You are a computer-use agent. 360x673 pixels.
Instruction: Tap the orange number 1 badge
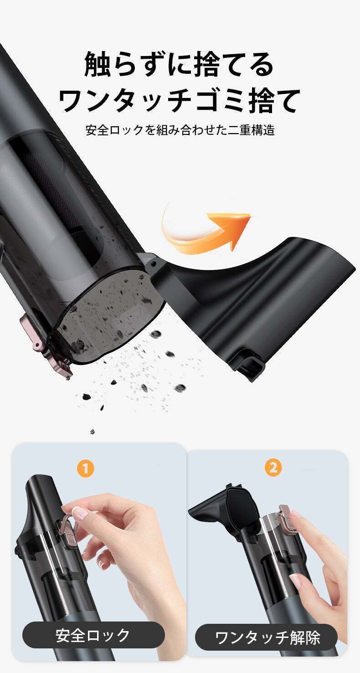[x=86, y=468]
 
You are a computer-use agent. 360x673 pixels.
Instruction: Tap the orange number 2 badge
[x=273, y=468]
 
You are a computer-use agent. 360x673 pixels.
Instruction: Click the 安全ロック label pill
[x=93, y=635]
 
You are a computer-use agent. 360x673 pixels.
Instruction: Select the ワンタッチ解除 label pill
[x=267, y=637]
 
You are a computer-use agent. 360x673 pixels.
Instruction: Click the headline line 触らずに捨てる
[x=180, y=64]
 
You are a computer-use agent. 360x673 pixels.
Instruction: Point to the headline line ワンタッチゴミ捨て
[x=180, y=100]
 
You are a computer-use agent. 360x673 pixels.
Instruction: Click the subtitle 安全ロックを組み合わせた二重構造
[x=180, y=130]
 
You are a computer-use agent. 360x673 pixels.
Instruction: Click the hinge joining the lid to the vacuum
[x=152, y=265]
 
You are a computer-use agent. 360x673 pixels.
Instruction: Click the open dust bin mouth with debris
[x=111, y=314]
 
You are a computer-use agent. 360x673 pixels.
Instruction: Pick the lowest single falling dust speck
[x=93, y=432]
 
